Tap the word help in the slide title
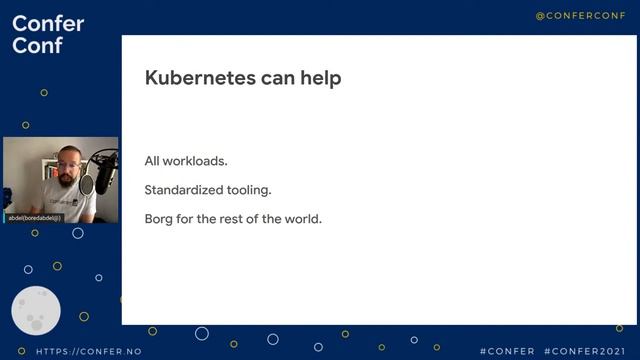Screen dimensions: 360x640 [318, 78]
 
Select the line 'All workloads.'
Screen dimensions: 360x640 [186, 161]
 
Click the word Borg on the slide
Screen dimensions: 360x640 [160, 219]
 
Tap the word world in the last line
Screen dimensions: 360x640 [301, 219]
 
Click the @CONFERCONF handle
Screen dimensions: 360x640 [579, 16]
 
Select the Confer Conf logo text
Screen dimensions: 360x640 [47, 35]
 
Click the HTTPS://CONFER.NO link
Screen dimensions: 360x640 [88, 352]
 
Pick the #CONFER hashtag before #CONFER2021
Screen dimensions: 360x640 [506, 352]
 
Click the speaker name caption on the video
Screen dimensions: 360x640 [35, 217]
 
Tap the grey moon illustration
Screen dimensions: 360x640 [36, 311]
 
